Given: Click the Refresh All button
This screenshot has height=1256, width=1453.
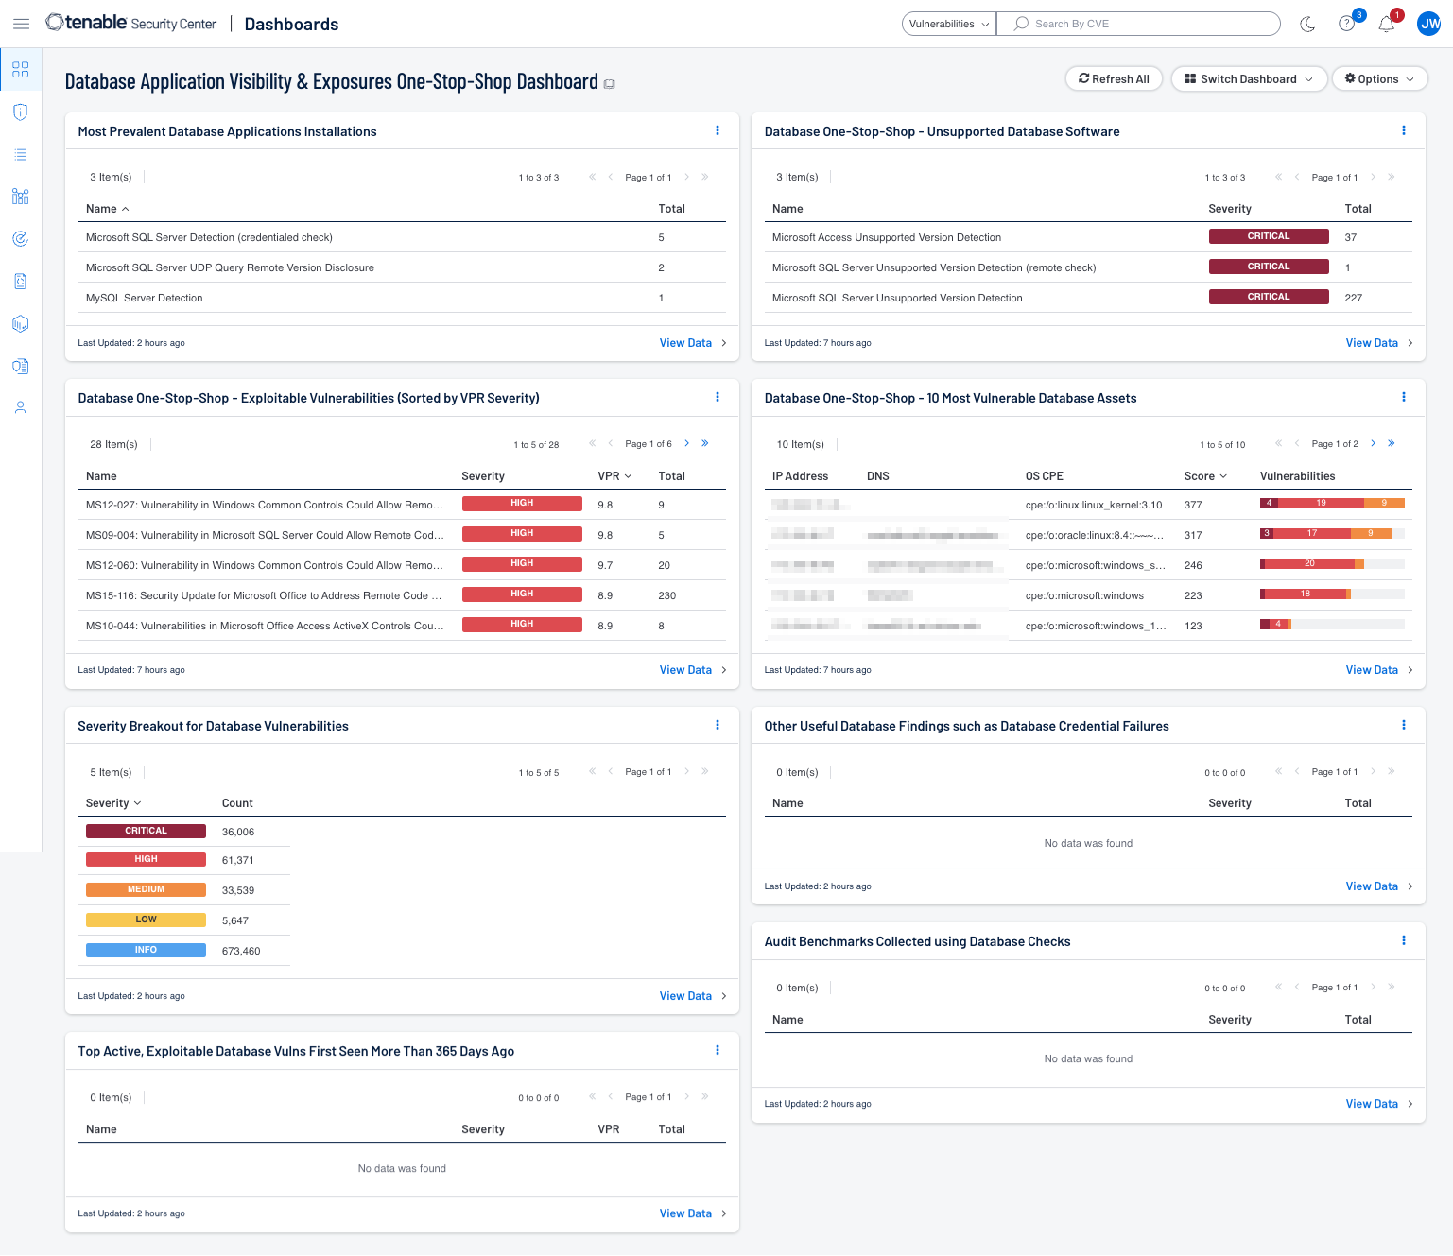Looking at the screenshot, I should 1114,79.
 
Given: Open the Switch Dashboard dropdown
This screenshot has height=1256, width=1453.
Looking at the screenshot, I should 1248,79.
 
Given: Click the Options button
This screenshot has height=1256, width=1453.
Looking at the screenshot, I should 1378,79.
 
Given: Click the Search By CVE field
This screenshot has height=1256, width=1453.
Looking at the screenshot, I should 1144,24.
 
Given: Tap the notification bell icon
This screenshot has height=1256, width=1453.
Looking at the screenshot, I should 1386,25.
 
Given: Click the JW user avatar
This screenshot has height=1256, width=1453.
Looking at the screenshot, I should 1428,25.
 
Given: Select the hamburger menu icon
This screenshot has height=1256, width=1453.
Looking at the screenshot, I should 21,24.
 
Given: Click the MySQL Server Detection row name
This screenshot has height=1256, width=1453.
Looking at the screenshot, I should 145,298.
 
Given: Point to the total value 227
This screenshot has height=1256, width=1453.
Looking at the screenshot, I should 1353,298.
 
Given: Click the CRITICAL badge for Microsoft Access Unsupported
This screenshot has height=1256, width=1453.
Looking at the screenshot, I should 1268,236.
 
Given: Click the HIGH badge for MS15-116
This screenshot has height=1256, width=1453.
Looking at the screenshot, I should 522,594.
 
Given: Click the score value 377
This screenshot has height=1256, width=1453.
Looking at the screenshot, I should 1192,505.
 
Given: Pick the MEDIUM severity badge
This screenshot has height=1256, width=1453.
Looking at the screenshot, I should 146,889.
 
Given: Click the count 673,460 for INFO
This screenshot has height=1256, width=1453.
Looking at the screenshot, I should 241,951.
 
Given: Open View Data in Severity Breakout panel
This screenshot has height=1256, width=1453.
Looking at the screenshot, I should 685,996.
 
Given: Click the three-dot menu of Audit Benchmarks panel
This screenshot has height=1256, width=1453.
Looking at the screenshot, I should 1403,940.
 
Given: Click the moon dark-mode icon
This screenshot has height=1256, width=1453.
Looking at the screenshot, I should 1307,25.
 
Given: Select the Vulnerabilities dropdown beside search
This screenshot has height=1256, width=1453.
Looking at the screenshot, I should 948,24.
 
